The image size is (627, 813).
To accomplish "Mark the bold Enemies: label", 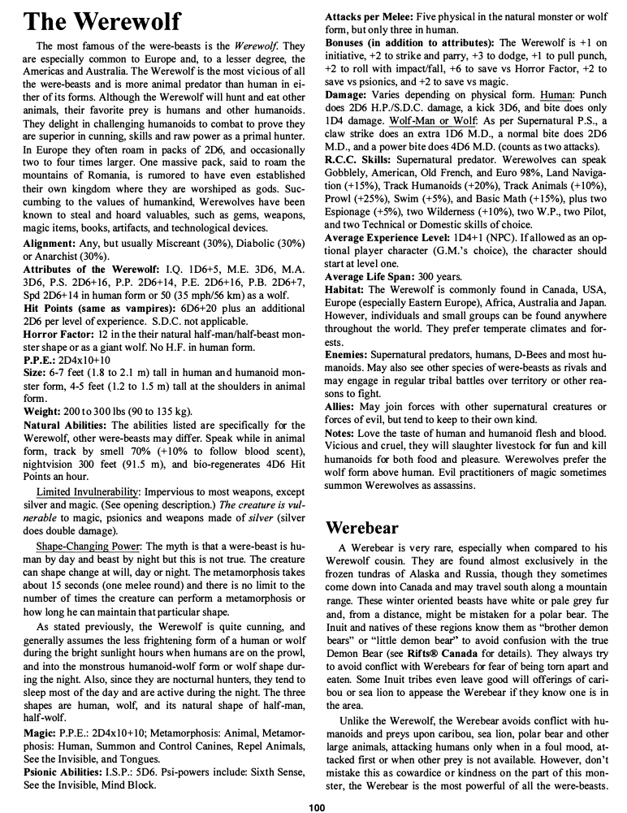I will click(x=350, y=356).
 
